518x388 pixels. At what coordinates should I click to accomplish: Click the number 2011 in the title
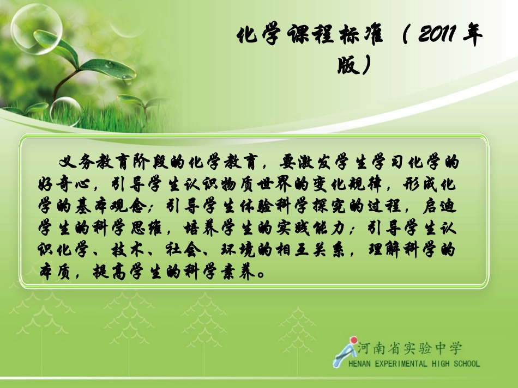434,37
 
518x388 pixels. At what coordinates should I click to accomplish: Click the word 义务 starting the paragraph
73,162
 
